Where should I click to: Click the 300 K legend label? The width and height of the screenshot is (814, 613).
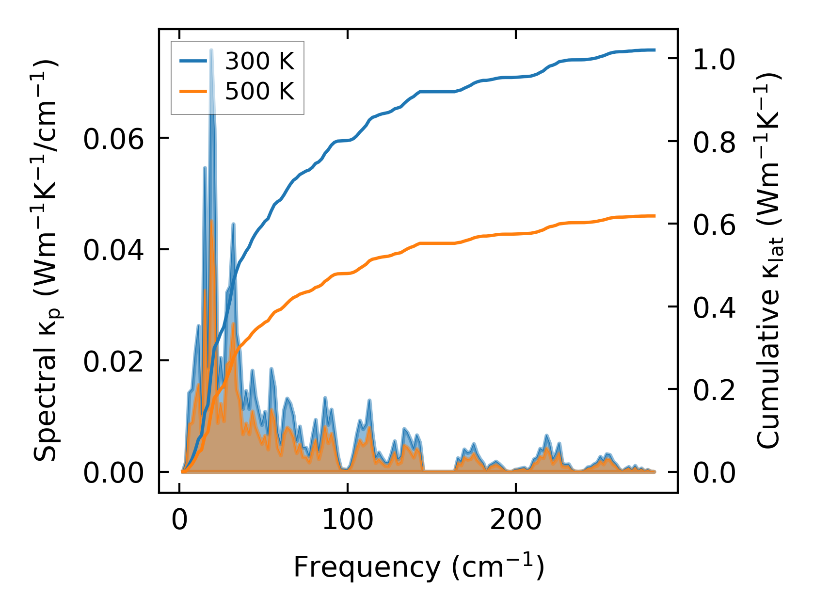[259, 61]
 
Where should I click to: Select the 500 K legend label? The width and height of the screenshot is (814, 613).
[259, 91]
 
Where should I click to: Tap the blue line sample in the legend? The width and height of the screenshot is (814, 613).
[193, 61]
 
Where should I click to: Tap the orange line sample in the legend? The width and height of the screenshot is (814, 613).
[193, 91]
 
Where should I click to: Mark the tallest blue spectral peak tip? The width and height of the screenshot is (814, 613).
[211, 49]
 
